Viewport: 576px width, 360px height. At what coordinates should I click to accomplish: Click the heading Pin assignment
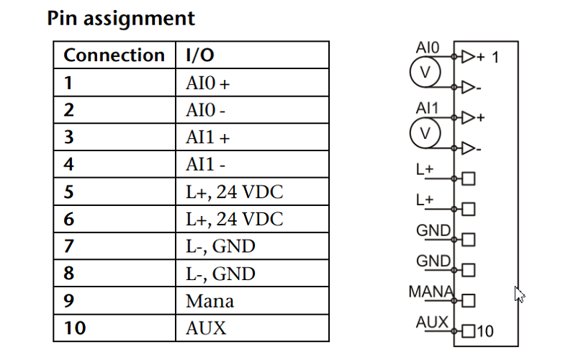click(x=121, y=18)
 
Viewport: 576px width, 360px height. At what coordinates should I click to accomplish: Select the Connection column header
click(x=114, y=55)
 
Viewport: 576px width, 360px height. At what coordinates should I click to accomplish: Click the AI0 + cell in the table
click(x=207, y=83)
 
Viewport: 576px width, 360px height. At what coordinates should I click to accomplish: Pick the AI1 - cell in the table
click(x=205, y=165)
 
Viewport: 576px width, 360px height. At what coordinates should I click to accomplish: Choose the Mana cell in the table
click(x=210, y=301)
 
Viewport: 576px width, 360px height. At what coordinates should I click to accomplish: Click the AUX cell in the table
click(x=205, y=328)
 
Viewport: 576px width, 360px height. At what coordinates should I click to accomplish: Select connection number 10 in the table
click(x=74, y=328)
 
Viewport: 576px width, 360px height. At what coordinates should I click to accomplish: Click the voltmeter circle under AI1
click(x=425, y=132)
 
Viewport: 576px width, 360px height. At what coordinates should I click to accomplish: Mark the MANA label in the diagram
click(x=431, y=292)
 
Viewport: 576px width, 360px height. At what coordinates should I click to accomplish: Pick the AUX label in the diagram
click(x=432, y=322)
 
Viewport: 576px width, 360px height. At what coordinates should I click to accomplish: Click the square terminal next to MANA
click(x=467, y=300)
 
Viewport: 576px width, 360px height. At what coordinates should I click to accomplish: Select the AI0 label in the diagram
click(x=427, y=48)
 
